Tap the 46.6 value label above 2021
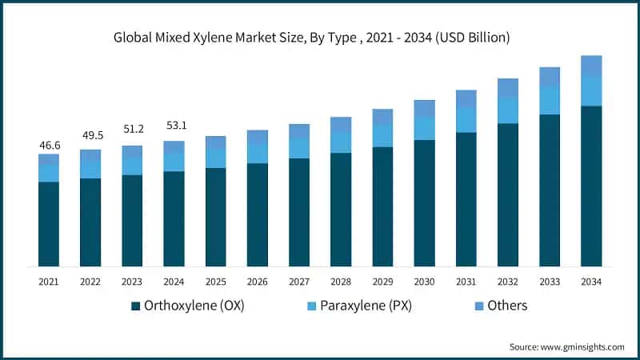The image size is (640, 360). [x=49, y=145]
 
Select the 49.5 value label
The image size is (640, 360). [x=90, y=135]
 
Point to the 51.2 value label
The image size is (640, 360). [x=132, y=130]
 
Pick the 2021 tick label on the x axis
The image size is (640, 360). [x=49, y=282]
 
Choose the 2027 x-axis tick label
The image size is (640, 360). [x=299, y=282]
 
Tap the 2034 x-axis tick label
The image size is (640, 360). [x=591, y=282]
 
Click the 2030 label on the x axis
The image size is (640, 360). [x=424, y=282]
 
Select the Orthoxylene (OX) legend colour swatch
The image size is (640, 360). [x=136, y=306]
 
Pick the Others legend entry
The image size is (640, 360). [x=505, y=306]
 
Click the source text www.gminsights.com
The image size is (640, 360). [x=566, y=346]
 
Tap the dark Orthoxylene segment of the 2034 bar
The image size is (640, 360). [x=591, y=186]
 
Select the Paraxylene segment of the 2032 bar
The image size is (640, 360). [x=508, y=110]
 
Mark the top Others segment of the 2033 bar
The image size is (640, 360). [x=550, y=76]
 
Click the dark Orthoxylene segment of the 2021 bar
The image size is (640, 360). [x=49, y=224]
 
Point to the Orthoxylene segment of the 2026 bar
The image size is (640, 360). [x=258, y=214]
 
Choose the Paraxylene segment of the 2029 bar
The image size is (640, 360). [x=382, y=135]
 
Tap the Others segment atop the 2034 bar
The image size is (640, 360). [x=591, y=66]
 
